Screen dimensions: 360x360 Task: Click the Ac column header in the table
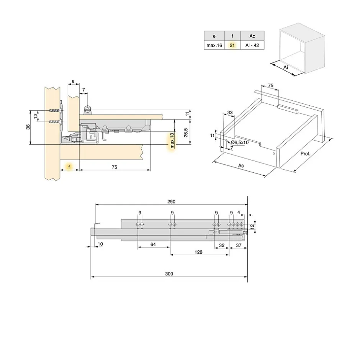coord(252,36)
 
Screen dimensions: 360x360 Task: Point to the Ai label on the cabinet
coord(286,67)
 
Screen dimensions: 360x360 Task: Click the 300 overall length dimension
coord(169,273)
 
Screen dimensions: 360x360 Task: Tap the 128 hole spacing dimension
coord(198,252)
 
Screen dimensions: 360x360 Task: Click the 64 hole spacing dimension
coord(153,244)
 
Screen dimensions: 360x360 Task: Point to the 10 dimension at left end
coord(100,244)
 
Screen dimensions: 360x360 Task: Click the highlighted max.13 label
coord(172,141)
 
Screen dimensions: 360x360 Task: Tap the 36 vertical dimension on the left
coord(28,127)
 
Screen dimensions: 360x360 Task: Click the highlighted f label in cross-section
coord(69,167)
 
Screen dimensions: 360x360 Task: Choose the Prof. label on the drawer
coord(305,154)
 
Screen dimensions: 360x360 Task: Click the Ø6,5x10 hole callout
coord(240,142)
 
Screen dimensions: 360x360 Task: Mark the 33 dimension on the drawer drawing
coord(230,112)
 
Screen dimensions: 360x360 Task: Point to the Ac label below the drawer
coord(241,165)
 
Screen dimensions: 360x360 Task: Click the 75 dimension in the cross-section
coord(114,167)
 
